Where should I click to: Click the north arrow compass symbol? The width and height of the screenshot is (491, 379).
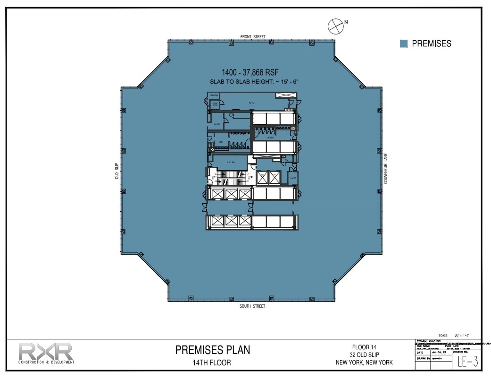[335, 26]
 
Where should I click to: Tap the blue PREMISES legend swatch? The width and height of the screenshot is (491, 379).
[404, 43]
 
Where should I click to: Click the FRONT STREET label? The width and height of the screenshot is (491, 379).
[253, 36]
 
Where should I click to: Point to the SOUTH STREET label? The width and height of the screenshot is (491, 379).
[253, 306]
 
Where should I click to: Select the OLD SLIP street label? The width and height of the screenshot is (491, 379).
[117, 171]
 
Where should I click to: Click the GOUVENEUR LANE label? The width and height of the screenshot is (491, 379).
[385, 171]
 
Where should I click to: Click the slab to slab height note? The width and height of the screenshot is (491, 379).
[255, 82]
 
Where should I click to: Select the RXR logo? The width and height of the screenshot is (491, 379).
[46, 353]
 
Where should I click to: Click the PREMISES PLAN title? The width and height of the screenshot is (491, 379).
[213, 350]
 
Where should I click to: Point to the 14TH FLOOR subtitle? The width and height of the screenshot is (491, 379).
[213, 363]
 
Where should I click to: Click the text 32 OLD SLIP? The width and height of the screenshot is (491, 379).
[364, 355]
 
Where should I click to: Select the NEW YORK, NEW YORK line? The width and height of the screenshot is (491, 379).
[364, 362]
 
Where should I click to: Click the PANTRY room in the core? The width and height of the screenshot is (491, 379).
[217, 124]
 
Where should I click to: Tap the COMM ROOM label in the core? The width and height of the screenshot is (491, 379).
[215, 104]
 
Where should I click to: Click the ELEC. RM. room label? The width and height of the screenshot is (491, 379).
[231, 162]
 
